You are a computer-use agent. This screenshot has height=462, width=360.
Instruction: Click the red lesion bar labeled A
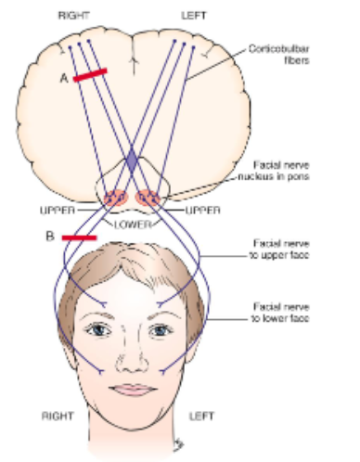point(90,74)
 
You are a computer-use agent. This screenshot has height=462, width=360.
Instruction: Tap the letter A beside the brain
point(64,80)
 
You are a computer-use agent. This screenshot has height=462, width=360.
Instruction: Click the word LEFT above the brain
point(199,16)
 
